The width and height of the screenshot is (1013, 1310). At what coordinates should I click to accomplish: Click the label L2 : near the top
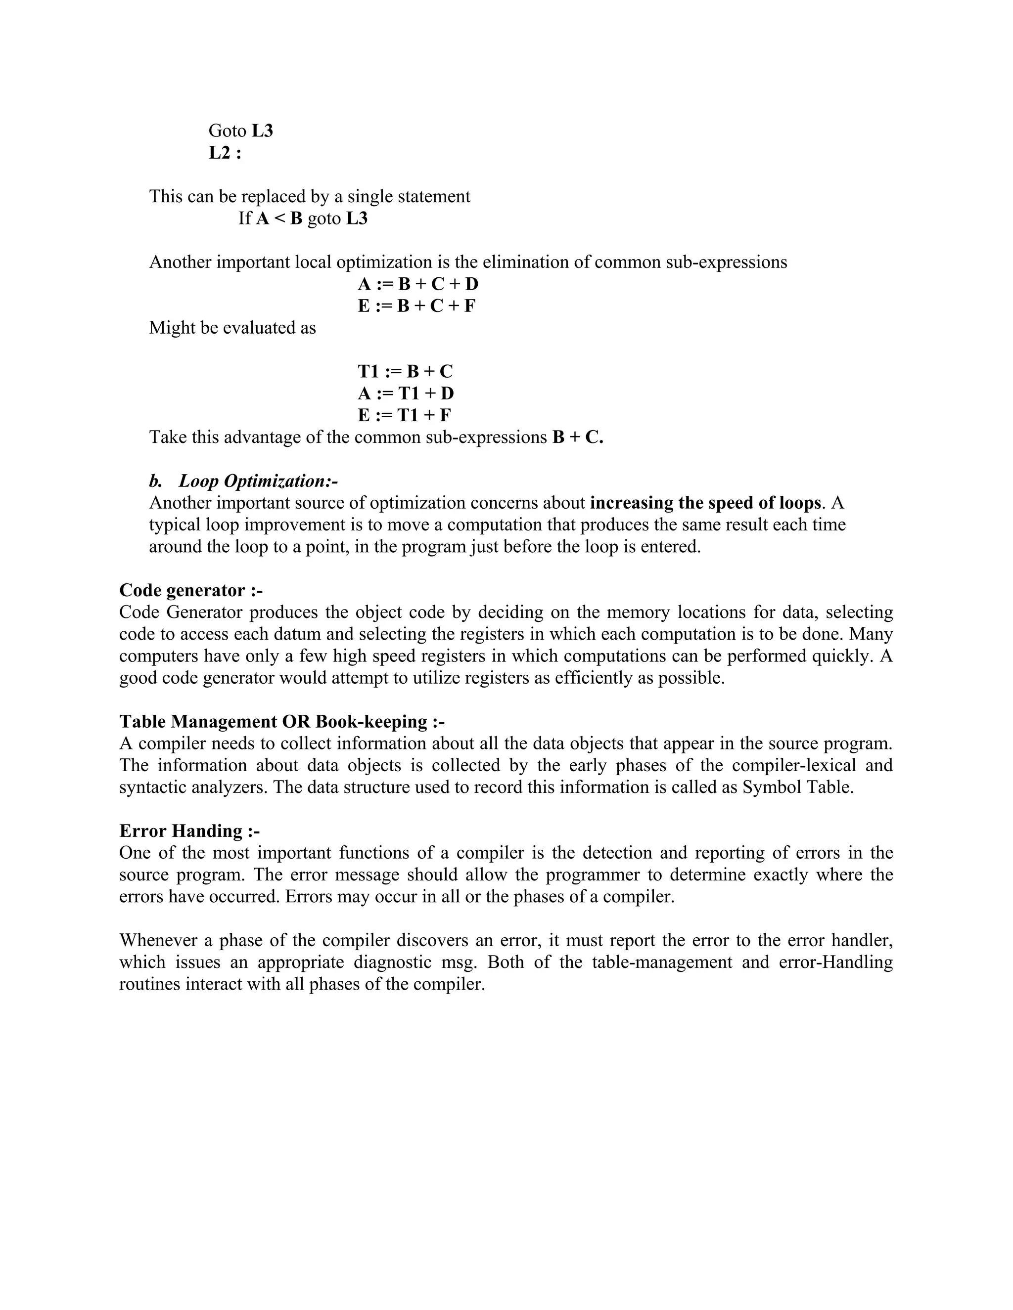225,153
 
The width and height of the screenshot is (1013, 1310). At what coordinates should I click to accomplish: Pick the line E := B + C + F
416,306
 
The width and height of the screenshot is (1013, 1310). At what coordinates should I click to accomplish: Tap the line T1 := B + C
405,371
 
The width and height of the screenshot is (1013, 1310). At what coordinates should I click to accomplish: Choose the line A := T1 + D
406,393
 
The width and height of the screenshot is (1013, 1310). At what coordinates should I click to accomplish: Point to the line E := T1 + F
405,415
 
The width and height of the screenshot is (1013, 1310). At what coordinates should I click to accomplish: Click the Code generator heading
191,590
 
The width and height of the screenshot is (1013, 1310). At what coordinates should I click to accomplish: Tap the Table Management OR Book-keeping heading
281,722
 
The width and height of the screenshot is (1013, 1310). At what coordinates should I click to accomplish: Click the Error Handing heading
189,831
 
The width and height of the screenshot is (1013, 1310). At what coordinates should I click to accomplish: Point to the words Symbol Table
797,787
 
